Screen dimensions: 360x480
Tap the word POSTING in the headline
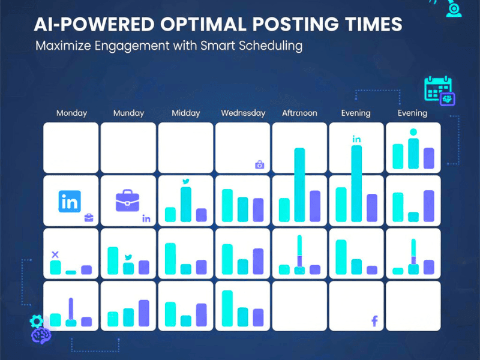coord(293,25)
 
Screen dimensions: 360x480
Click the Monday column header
coord(71,113)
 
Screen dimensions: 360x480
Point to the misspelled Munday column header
coord(128,113)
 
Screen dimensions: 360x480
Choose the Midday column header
coord(185,113)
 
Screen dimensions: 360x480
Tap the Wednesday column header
coord(243,113)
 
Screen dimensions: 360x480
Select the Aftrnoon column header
coord(299,113)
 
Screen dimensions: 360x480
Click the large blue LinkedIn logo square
coord(70,202)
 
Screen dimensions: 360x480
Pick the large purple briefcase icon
coord(127,200)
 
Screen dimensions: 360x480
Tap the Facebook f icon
coord(374,322)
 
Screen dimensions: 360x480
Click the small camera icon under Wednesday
coord(259,164)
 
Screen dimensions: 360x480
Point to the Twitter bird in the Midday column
coord(185,181)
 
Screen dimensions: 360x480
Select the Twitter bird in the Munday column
coord(128,257)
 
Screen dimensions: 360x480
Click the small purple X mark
coord(55,254)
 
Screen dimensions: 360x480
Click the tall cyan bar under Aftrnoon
coord(299,185)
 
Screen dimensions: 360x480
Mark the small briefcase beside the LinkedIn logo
coord(89,217)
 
